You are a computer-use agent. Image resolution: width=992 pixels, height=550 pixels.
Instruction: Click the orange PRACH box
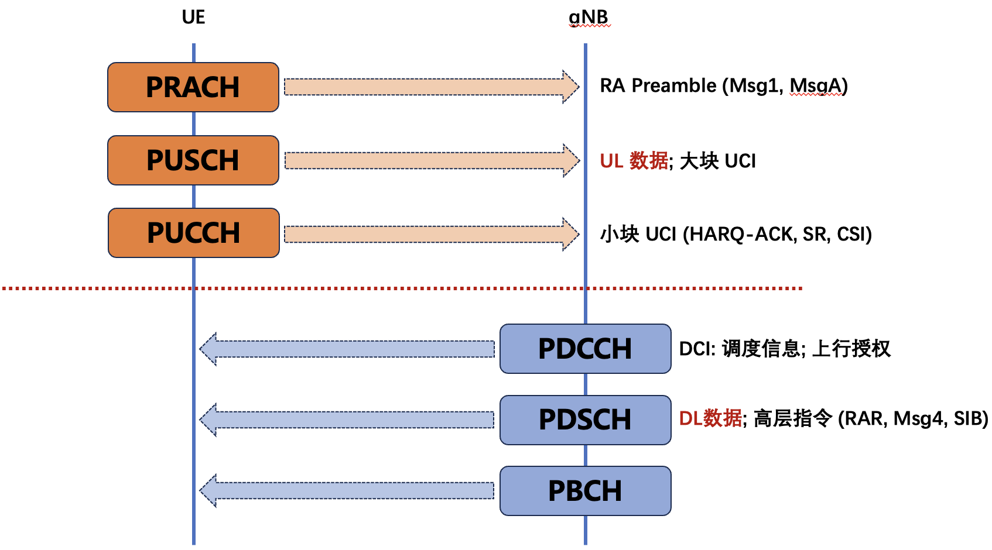(x=193, y=87)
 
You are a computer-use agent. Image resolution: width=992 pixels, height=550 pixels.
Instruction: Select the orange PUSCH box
(x=193, y=160)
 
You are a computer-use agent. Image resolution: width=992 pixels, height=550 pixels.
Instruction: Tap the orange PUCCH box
(x=194, y=233)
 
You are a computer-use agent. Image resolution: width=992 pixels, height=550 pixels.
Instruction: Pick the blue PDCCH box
(x=585, y=349)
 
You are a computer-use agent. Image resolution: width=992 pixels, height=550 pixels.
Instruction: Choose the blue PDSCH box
(x=585, y=420)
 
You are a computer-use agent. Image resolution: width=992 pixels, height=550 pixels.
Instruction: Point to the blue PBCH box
(x=585, y=491)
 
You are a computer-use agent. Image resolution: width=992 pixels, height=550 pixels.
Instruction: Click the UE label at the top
(x=193, y=18)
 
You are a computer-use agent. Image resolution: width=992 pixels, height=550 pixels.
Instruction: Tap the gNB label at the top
(x=589, y=18)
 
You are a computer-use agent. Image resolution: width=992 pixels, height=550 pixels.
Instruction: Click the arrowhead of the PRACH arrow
(x=570, y=87)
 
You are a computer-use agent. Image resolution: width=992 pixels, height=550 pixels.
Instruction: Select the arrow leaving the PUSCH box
(x=431, y=160)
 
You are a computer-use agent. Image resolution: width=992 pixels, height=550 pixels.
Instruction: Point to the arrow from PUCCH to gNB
(x=431, y=234)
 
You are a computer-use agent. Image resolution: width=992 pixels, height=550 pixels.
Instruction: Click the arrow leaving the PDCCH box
(x=348, y=349)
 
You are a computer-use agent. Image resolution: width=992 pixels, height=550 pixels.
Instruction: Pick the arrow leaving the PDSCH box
(x=348, y=420)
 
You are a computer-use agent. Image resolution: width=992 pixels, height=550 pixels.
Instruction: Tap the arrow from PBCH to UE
(x=348, y=490)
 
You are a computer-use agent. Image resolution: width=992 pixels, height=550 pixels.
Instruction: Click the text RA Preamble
(x=658, y=86)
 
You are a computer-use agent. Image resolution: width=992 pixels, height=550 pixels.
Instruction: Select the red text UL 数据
(x=634, y=161)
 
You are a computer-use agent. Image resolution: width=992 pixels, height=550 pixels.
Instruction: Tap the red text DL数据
(x=710, y=419)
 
